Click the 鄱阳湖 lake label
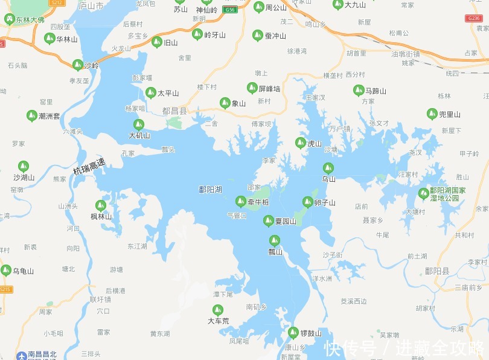210,190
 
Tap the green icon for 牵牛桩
240,202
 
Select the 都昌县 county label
174,111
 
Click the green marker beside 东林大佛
10,19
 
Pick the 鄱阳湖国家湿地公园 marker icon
424,193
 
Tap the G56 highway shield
229,10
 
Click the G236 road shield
474,19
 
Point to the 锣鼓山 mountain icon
293,333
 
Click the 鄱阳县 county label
436,271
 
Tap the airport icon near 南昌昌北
22,355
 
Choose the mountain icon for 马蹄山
358,91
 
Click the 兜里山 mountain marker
432,114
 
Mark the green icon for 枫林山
101,206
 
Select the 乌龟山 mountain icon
6,270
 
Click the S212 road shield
57,2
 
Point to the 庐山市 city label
91,5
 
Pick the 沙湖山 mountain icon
23,166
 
